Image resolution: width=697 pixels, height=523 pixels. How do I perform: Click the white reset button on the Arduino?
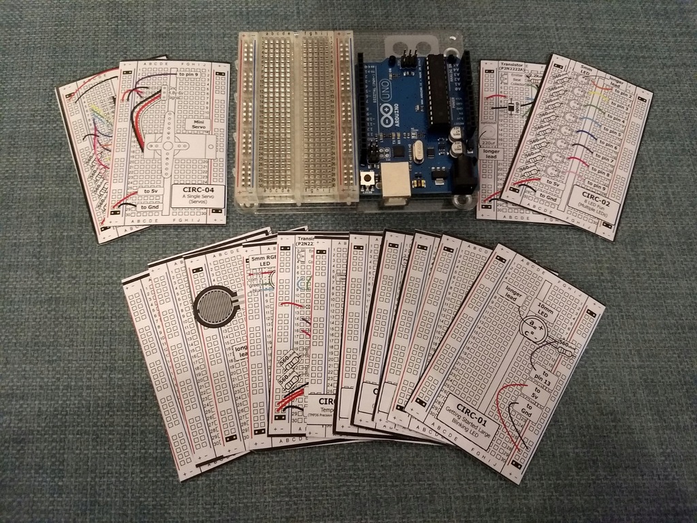pyautogui.click(x=368, y=178)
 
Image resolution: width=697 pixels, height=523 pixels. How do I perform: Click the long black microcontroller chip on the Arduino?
pyautogui.click(x=438, y=89)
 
